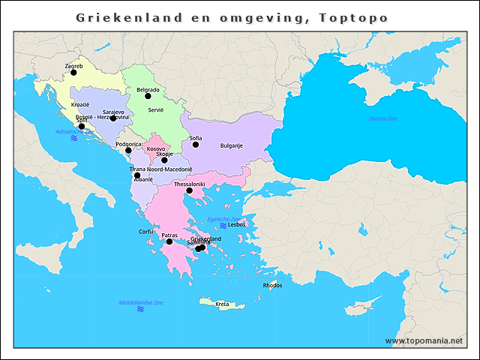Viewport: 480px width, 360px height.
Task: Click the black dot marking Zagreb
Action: tap(73, 73)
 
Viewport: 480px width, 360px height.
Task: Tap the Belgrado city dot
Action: tap(148, 96)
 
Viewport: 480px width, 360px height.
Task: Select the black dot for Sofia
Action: tap(196, 145)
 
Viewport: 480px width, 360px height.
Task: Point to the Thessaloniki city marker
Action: tap(190, 190)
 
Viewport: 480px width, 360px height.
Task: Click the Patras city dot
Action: tap(169, 241)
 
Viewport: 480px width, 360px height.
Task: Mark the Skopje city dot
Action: tap(164, 160)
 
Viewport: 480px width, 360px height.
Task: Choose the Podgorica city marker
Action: tap(128, 151)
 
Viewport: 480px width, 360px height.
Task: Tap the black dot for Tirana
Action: tap(137, 175)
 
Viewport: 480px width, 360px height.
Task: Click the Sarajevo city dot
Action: tap(113, 118)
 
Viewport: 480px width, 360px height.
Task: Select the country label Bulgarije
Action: tap(231, 145)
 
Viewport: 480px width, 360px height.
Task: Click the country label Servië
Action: tap(155, 109)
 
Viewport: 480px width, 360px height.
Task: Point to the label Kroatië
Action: tap(79, 104)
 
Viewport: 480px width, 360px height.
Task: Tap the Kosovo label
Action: tap(156, 148)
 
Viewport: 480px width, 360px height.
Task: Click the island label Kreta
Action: tap(222, 304)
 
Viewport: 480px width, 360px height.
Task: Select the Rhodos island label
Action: tap(272, 285)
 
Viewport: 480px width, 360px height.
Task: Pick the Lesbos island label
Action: tap(237, 224)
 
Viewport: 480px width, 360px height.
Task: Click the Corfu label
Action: tap(146, 232)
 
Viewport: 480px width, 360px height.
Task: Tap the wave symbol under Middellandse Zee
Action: tap(140, 309)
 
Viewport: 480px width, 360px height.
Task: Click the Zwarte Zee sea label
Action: tap(382, 119)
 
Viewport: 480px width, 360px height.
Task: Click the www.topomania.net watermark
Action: tap(424, 341)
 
